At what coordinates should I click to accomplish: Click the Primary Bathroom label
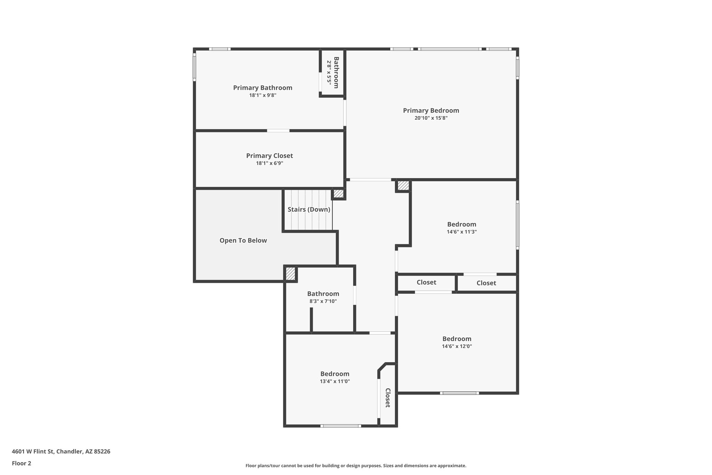262,88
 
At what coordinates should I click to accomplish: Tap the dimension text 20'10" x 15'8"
431,118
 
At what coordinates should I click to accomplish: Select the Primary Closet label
269,156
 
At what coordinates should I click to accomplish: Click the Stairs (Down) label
309,209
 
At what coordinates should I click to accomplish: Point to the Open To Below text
243,240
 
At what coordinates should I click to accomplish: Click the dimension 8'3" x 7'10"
323,301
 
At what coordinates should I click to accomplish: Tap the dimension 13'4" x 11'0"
335,381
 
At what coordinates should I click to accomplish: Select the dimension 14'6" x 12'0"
457,346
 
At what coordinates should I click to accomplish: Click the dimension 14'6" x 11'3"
461,232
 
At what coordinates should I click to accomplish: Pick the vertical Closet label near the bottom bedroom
388,398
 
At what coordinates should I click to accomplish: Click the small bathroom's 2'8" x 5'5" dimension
329,72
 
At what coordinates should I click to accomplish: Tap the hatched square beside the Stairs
338,193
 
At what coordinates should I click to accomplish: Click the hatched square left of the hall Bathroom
290,274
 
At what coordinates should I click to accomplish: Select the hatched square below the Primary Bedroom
403,186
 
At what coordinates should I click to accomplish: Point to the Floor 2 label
22,463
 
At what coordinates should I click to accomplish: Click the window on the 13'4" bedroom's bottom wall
340,426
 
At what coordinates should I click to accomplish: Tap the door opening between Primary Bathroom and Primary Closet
278,130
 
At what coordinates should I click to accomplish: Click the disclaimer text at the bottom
356,466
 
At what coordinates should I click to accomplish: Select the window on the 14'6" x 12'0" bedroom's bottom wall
459,393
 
